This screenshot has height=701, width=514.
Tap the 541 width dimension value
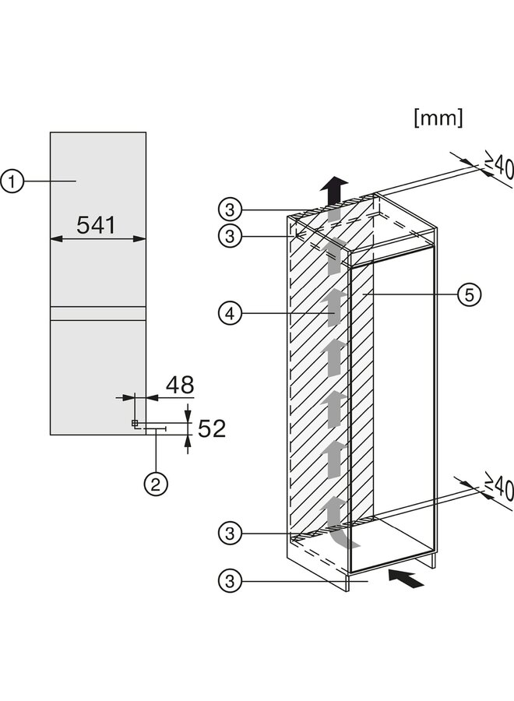coord(97,225)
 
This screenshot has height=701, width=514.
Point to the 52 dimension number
coord(209,428)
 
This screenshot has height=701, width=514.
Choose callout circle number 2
coord(155,484)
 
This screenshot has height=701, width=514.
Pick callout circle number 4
coord(228,315)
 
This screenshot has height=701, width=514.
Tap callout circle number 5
coord(469,294)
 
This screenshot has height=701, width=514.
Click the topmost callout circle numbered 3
coord(228,209)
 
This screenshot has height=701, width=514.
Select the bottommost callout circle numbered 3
coord(228,580)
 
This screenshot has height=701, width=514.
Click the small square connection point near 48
coord(135,423)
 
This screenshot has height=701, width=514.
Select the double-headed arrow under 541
coord(97,240)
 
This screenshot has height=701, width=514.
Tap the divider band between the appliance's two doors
coord(97,313)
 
